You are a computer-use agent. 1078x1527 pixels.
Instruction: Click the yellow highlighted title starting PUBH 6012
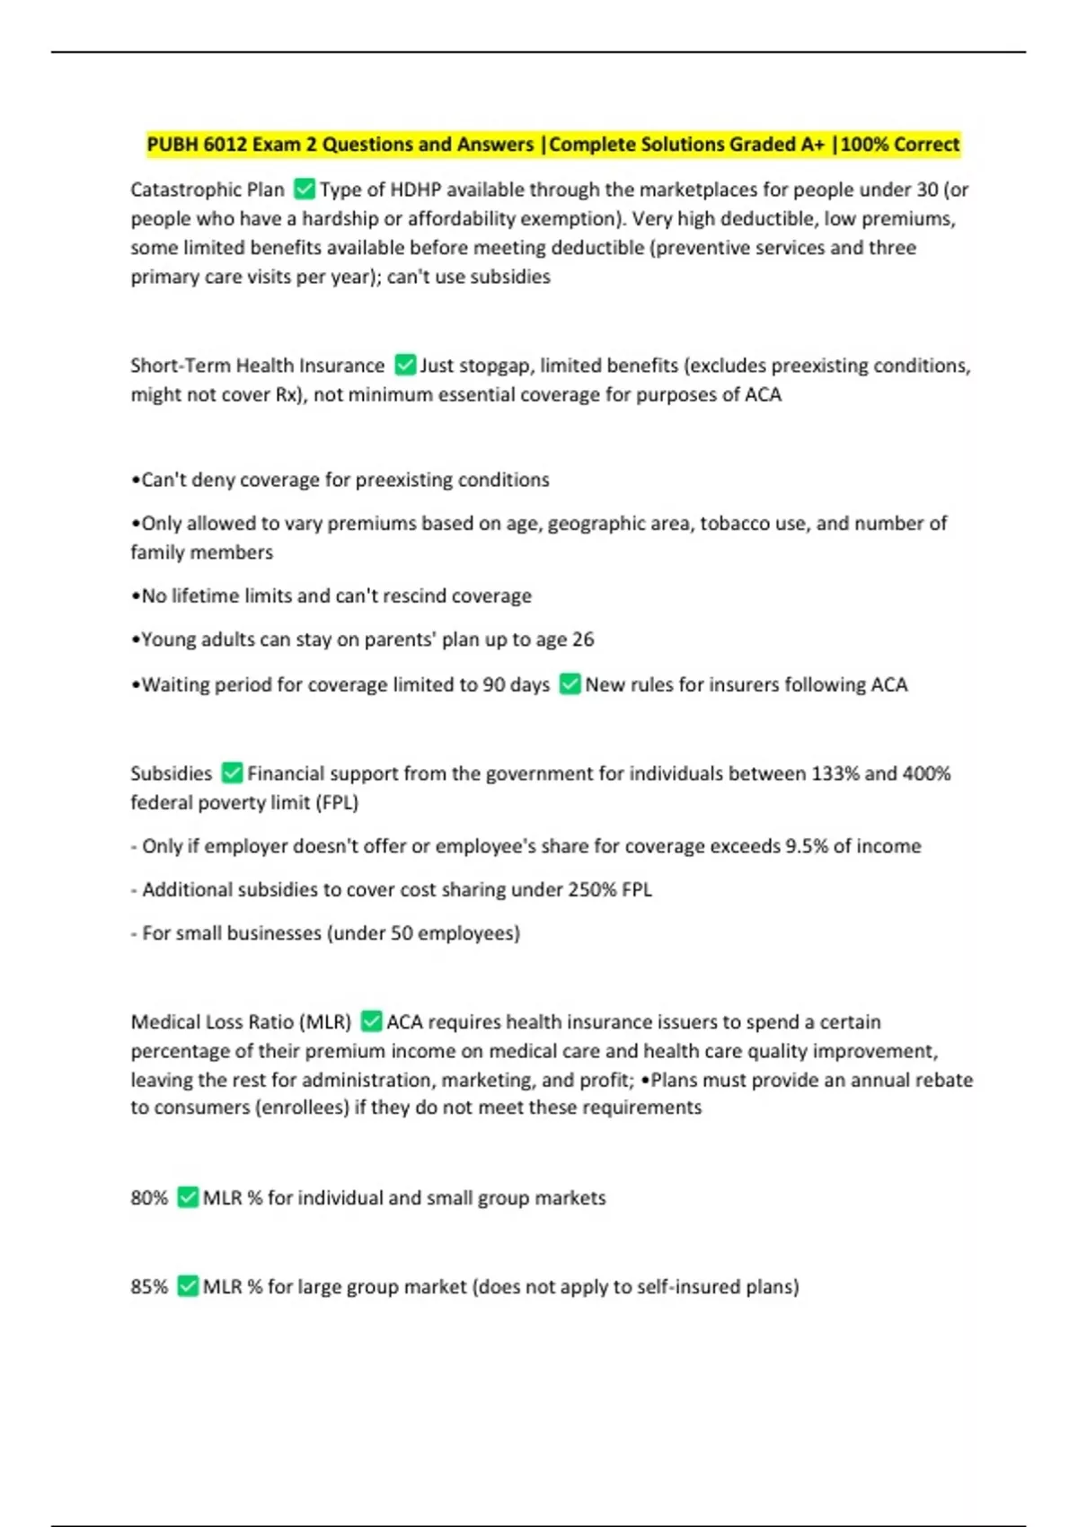pos(552,145)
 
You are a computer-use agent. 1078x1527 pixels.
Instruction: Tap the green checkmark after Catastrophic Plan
pos(305,190)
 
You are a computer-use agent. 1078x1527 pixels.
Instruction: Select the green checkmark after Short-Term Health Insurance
pos(405,365)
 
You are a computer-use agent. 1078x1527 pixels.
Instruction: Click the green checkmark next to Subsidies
pos(232,772)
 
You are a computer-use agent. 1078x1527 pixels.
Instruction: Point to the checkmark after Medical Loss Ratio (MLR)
pos(371,1021)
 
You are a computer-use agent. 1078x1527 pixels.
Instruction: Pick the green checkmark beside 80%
pos(187,1197)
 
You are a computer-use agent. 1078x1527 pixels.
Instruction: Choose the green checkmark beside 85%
pos(187,1286)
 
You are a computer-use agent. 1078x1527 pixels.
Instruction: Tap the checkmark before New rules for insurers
pos(570,684)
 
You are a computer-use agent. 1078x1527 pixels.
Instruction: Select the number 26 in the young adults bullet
pos(583,640)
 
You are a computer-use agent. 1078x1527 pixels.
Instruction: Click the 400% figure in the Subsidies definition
pos(926,773)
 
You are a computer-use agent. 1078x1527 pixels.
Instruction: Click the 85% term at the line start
pos(149,1286)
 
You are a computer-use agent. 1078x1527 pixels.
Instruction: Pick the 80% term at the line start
pos(149,1197)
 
